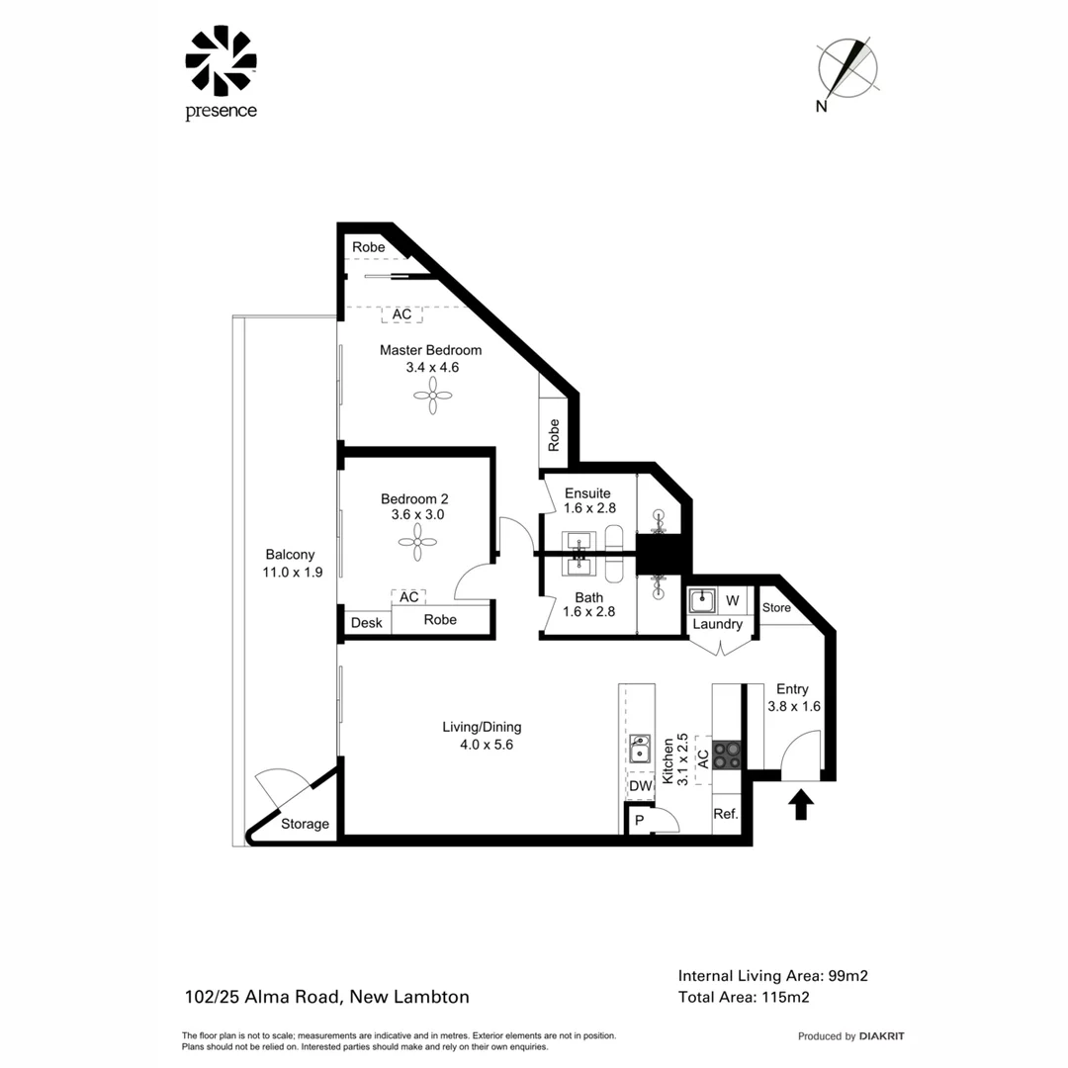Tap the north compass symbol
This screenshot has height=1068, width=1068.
(847, 68)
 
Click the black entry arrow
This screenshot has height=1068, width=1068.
(801, 804)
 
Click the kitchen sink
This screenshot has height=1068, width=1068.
(640, 748)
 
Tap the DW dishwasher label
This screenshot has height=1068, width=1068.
(640, 786)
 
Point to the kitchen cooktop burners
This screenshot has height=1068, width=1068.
(727, 755)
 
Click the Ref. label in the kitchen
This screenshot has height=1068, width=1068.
(726, 815)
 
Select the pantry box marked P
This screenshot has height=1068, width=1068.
(639, 821)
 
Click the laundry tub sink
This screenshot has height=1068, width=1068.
(703, 600)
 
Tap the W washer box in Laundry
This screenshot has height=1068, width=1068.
(733, 600)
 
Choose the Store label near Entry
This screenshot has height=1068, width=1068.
(776, 608)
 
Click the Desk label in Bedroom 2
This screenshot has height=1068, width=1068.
(366, 623)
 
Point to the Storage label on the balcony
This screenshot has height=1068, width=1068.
(305, 824)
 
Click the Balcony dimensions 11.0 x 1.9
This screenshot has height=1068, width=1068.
(287, 572)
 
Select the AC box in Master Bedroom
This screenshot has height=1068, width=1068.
(401, 314)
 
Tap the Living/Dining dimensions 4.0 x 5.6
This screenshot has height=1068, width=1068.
(482, 745)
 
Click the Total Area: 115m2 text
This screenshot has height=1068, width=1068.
(744, 997)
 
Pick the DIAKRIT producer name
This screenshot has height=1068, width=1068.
(882, 1036)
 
